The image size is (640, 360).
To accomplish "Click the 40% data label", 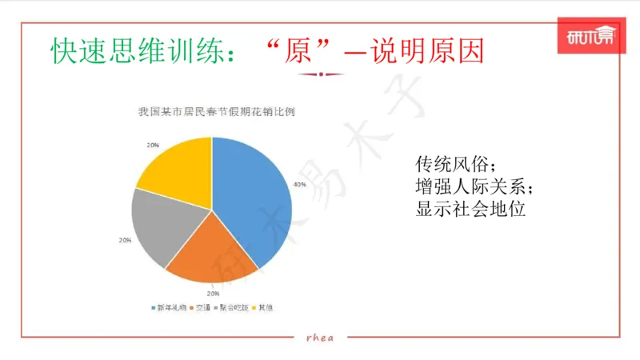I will [299, 185].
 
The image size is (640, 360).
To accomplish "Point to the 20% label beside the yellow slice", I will [152, 145].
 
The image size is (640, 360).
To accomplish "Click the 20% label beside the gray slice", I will [125, 240].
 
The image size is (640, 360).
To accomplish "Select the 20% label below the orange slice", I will [214, 294].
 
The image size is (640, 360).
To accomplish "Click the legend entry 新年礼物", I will [169, 307].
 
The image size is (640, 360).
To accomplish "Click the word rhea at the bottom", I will [320, 338].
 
